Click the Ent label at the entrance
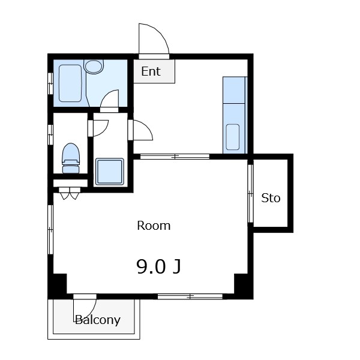(x=151, y=71)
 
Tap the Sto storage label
(x=271, y=197)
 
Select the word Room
(x=154, y=226)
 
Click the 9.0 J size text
(x=158, y=266)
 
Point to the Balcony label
(x=98, y=320)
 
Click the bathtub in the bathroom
(x=70, y=83)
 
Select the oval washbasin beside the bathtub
(x=94, y=67)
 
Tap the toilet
(x=71, y=158)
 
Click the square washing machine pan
(x=110, y=171)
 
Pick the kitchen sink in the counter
(x=233, y=137)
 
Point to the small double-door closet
(x=70, y=193)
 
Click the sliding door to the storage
(x=250, y=194)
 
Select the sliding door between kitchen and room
(x=175, y=157)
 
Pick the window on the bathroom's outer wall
(x=50, y=83)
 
